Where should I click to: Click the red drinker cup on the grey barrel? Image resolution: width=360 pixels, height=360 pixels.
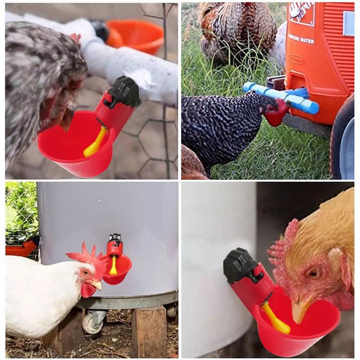(x=118, y=270)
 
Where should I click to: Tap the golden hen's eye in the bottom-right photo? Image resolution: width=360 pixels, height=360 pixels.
(x=314, y=273)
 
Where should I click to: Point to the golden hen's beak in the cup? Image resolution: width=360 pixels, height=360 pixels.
(x=299, y=310)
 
